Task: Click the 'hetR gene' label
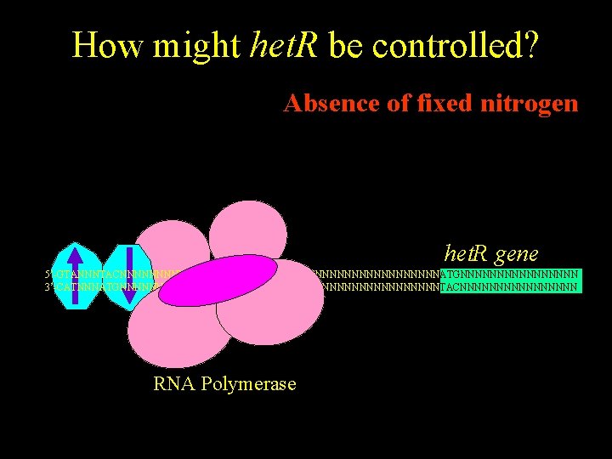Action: click(x=491, y=252)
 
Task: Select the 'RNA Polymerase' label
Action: click(x=224, y=383)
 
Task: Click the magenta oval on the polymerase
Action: click(x=218, y=280)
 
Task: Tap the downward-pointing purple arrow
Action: click(x=128, y=276)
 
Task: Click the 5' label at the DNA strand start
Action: click(x=48, y=275)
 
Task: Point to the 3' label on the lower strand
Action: click(x=48, y=287)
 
